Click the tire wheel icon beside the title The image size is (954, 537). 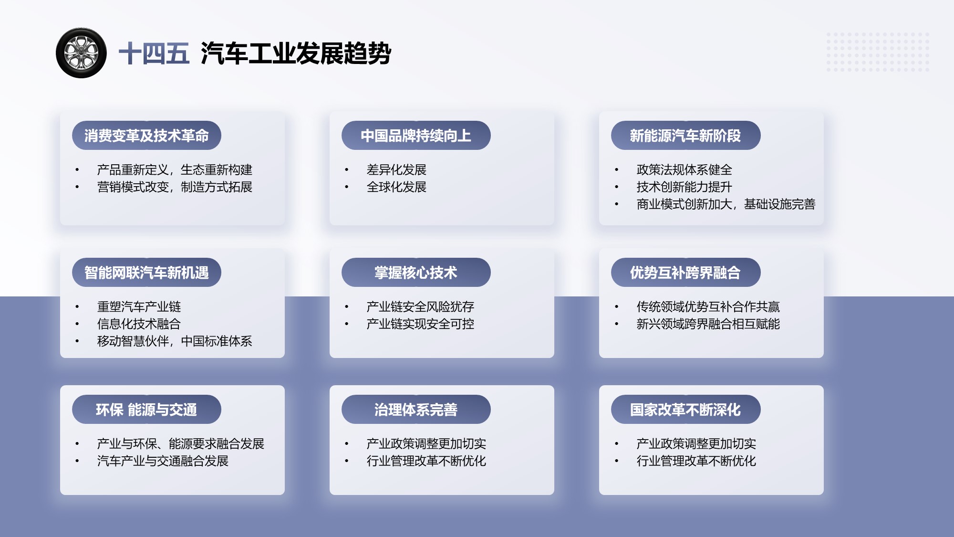(x=81, y=53)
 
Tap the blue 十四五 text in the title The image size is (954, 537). (x=154, y=53)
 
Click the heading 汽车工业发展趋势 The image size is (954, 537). (x=296, y=53)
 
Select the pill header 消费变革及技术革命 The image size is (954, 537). (x=146, y=136)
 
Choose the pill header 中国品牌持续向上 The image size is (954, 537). (x=416, y=136)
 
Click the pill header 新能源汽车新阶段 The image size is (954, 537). (x=685, y=136)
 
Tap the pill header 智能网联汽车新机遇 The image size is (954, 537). (x=146, y=273)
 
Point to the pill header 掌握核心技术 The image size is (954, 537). (x=416, y=273)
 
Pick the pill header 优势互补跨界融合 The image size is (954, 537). (x=685, y=273)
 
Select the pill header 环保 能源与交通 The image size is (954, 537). (x=146, y=410)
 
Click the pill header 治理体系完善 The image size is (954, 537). (x=416, y=410)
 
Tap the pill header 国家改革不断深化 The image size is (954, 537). (x=685, y=410)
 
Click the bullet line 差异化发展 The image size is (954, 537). (x=396, y=170)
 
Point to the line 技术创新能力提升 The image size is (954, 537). (x=684, y=187)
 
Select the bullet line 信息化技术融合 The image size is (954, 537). (x=139, y=324)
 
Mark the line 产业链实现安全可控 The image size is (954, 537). (x=420, y=324)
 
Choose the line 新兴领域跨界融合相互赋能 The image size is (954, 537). (x=708, y=324)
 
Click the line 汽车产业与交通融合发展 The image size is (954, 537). (x=163, y=461)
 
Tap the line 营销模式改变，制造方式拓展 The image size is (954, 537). (x=175, y=187)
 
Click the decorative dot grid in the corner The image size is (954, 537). (x=878, y=52)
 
